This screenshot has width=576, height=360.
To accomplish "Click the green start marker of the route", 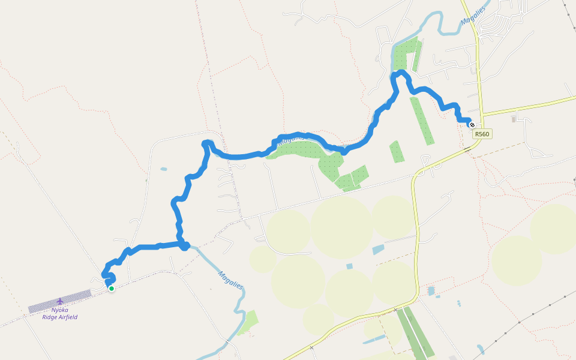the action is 111,289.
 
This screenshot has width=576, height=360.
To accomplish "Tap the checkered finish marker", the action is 472,125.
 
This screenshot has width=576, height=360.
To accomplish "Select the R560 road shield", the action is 482,134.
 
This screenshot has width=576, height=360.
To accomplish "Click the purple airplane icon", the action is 59,301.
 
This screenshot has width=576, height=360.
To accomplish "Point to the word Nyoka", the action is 60,310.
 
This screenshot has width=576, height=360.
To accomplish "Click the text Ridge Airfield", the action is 60,317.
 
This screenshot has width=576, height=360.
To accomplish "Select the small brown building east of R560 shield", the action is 513,119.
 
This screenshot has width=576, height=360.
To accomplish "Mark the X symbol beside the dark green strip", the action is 396,310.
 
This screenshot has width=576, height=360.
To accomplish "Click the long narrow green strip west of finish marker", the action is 422,120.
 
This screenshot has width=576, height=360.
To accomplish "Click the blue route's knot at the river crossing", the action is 185,245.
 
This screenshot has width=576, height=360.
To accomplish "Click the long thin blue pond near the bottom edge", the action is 374,340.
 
